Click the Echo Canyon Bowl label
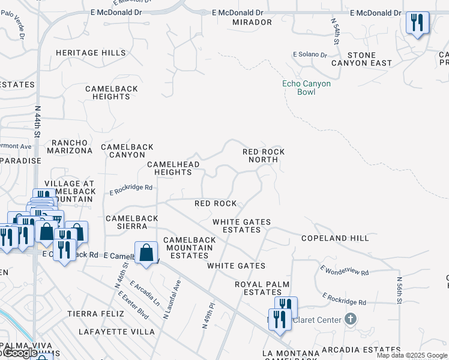point(306,88)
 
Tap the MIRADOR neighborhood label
point(252,22)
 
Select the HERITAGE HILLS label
point(91,53)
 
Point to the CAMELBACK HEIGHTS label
point(112,92)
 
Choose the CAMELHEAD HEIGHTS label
point(169,168)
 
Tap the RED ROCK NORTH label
point(264,156)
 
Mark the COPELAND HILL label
point(335,238)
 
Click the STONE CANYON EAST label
point(370,59)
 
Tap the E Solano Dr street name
point(310,55)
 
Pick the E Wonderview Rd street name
point(344,271)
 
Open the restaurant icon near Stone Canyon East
point(417,23)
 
